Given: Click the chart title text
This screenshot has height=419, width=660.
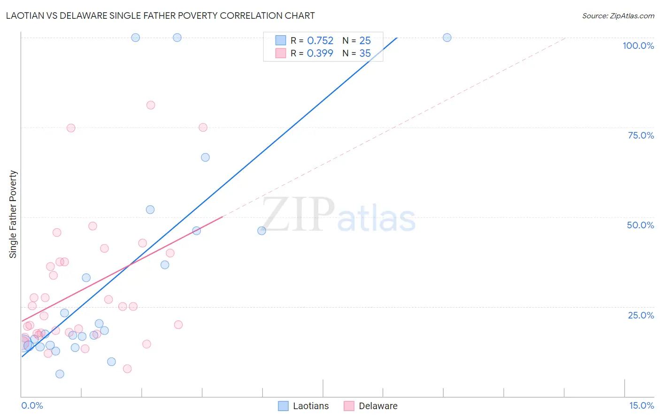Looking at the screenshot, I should coord(160,16).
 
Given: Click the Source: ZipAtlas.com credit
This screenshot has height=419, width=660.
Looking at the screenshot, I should coord(618,16).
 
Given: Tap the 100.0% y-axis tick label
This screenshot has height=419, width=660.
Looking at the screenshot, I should coord(638,46).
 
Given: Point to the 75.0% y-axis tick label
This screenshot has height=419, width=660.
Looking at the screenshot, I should coord(641,135).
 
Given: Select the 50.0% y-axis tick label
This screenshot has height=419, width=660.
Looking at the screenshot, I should coord(640,225).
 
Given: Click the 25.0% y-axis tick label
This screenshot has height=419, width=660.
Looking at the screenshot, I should coord(641,315).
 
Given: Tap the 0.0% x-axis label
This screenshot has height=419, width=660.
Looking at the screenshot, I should coord(32,405).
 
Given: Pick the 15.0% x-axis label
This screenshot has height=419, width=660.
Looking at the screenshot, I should coord(641,405).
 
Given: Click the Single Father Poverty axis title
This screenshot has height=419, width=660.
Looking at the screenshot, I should coord(13,214).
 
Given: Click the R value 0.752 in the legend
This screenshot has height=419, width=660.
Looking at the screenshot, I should coord(320,41).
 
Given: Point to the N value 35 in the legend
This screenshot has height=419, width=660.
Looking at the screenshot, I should coord(365,54).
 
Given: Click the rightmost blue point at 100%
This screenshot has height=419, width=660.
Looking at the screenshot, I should coord(447,38).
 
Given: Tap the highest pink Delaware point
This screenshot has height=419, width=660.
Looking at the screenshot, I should coord(151,105).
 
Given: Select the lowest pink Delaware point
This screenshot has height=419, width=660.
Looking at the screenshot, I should coord(127,369).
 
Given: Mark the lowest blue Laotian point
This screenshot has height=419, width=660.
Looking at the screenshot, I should coord(60,374).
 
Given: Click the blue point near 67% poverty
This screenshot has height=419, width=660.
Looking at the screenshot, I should coord(205,157).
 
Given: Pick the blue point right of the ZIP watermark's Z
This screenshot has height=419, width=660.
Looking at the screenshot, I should coord(262,231).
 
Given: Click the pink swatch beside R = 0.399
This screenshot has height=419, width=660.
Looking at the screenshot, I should coord(281,54).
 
